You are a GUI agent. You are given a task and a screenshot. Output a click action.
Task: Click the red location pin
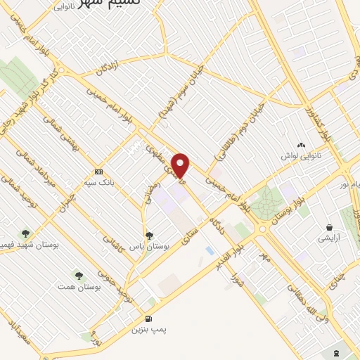coord(181,165)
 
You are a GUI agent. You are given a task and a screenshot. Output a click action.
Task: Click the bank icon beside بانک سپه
coord(98,172)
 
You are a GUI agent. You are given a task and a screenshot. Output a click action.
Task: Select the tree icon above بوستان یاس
coord(148,235)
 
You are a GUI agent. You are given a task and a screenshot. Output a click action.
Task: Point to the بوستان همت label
coord(79,287)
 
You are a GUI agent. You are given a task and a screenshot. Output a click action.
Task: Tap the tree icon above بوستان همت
coord(79,275)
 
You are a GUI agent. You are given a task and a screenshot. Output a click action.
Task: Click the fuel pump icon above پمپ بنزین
coord(149,317)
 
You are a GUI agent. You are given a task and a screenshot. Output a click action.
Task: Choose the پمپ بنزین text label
coord(149,328)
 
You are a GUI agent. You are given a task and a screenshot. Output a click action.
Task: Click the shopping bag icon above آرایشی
coord(329,227)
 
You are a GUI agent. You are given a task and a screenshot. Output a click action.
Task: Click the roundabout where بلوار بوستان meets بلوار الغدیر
coord(265,228)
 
